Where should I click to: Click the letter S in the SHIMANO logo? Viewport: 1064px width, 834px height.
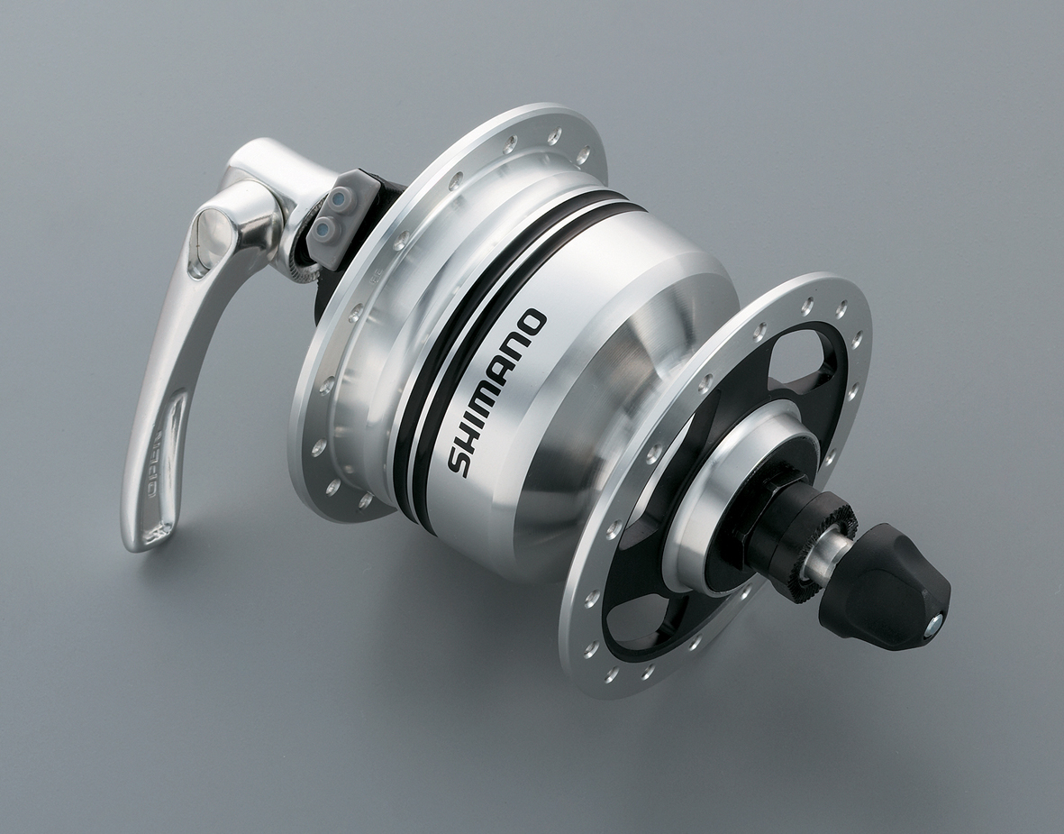click(x=459, y=459)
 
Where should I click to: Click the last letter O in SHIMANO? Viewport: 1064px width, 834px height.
click(x=533, y=322)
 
